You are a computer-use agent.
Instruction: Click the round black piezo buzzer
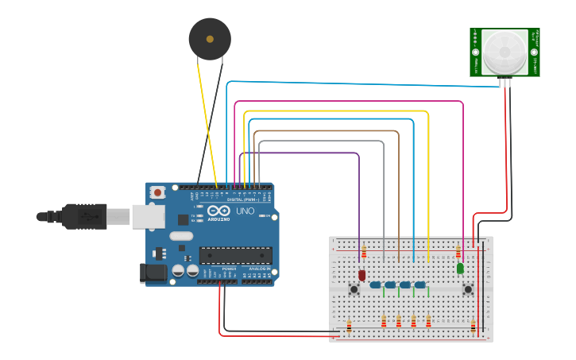coord(210,38)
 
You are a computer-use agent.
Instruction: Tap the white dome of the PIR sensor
coord(504,52)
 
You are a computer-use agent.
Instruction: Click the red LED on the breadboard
coord(361,275)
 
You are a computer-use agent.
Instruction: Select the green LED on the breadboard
coord(460,269)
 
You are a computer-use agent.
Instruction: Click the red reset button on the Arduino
coord(158,192)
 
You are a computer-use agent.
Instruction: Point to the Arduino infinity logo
coord(218,211)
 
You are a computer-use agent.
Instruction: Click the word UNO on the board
coord(245,211)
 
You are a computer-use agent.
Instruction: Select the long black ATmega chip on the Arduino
coord(235,255)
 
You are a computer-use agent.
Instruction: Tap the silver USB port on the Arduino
coord(148,216)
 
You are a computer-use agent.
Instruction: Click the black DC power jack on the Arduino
coord(153,273)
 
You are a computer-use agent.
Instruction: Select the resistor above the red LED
coord(364,253)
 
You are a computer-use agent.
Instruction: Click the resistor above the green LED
coord(458,253)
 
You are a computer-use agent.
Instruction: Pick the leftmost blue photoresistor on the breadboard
coord(375,285)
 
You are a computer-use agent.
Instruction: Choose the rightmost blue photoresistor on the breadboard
coord(420,285)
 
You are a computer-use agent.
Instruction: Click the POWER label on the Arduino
coord(229,269)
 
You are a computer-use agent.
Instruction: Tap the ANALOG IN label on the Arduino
coord(258,269)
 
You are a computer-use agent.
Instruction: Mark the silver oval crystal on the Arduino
coord(180,236)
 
